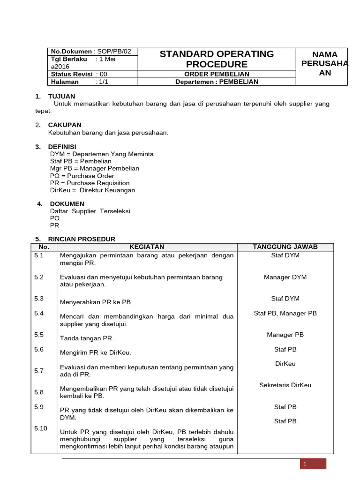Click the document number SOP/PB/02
coord(114,51)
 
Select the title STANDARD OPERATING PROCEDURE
coord(217,59)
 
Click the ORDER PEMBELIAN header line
coord(217,74)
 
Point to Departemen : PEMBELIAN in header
coord(217,82)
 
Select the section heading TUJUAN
coord(61,96)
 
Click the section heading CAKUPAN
coord(65,125)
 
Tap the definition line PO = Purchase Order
coord(82,176)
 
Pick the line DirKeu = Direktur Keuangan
coord(92,190)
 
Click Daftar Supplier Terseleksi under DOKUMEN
coord(90,211)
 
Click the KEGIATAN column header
coord(147,247)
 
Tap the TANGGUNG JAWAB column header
coord(285,247)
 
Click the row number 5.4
coord(39,313)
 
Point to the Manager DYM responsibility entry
coord(285,277)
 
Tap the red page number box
coord(313,464)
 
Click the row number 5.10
coord(41,428)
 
